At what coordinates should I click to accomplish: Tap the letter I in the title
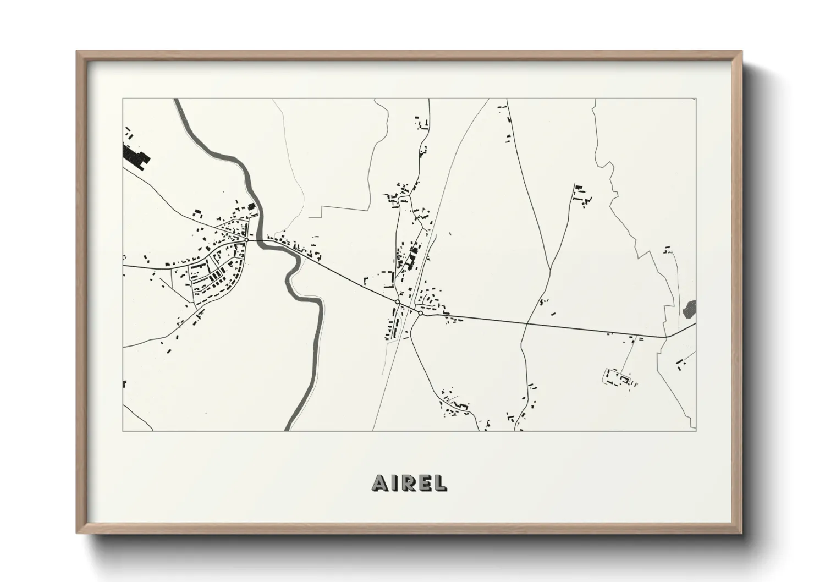(x=395, y=482)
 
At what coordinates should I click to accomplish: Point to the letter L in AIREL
(x=440, y=482)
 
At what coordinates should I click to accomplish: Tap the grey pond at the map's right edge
(x=690, y=309)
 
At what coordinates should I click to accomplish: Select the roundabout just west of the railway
(x=397, y=302)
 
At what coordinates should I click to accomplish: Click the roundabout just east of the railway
(x=420, y=313)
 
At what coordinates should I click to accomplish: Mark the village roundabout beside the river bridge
(x=247, y=240)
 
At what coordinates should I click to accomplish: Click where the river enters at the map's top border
(x=178, y=100)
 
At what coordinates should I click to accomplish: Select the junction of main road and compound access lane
(x=638, y=335)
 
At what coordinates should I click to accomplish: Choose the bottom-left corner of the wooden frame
(x=78, y=532)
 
